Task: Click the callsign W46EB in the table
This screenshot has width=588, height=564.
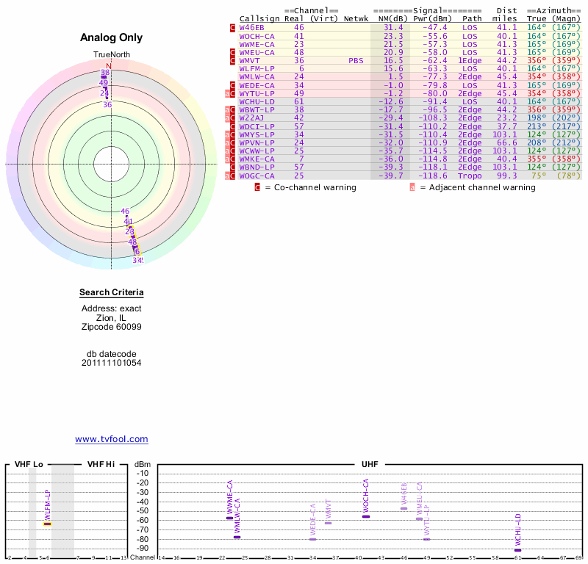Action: point(251,27)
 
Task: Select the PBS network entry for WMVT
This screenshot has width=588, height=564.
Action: point(356,60)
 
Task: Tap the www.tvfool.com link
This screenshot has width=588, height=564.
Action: point(112,439)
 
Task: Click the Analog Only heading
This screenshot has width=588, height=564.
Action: point(111,38)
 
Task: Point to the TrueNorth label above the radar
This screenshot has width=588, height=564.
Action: point(111,55)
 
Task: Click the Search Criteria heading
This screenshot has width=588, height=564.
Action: point(112,293)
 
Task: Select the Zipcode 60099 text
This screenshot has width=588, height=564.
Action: point(112,327)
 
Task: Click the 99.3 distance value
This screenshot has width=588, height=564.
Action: point(506,176)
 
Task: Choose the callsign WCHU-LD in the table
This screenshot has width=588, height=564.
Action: point(257,101)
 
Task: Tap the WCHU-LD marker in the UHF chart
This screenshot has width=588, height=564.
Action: point(517,550)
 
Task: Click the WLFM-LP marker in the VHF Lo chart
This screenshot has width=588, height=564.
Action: point(47,524)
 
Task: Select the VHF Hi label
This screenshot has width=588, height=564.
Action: point(101,464)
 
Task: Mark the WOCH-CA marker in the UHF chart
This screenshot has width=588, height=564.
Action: point(366,516)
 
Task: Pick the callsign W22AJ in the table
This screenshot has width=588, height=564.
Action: point(251,117)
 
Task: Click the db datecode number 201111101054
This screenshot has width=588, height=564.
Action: point(112,363)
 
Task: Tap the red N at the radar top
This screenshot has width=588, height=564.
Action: point(109,66)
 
